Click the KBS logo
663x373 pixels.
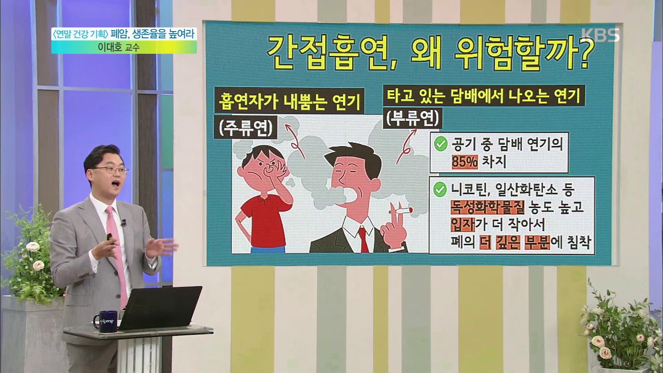point(600,35)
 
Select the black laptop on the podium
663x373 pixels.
point(160,308)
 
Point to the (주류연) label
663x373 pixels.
point(246,128)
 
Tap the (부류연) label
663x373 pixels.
point(413,119)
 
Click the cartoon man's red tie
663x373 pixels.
point(364,240)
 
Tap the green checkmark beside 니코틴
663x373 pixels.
point(441,190)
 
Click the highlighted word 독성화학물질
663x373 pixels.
point(487,207)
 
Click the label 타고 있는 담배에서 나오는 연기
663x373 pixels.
point(484,95)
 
